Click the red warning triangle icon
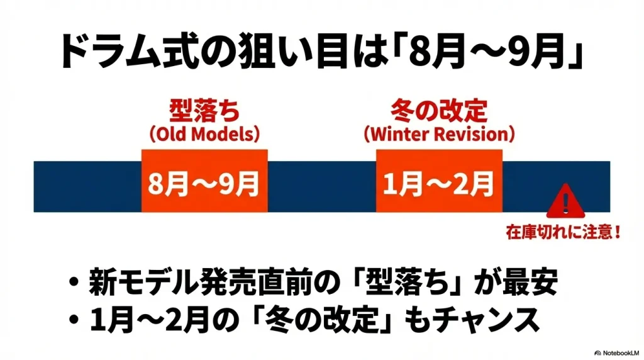[x=565, y=201]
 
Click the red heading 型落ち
[x=204, y=112]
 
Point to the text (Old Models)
[x=204, y=135]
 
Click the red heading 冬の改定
[x=439, y=112]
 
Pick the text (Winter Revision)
[x=439, y=135]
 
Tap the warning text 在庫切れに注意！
[x=565, y=232]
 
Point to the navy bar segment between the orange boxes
[x=321, y=186]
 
